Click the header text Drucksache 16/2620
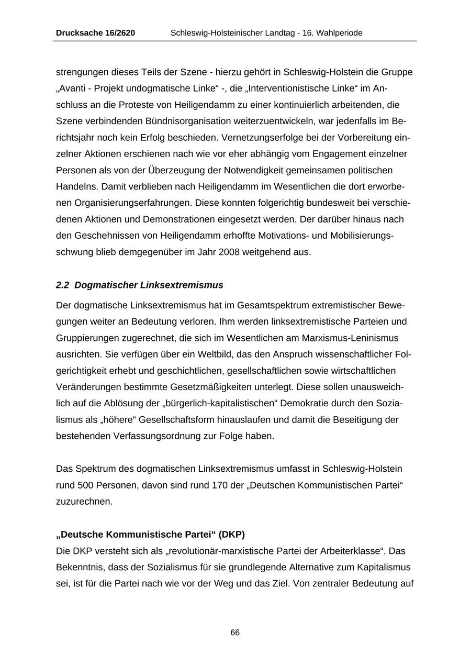click(x=95, y=33)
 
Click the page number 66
click(x=235, y=632)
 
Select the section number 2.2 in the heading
click(x=62, y=285)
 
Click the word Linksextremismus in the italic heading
click(x=182, y=285)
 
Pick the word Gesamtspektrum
click(x=271, y=305)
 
